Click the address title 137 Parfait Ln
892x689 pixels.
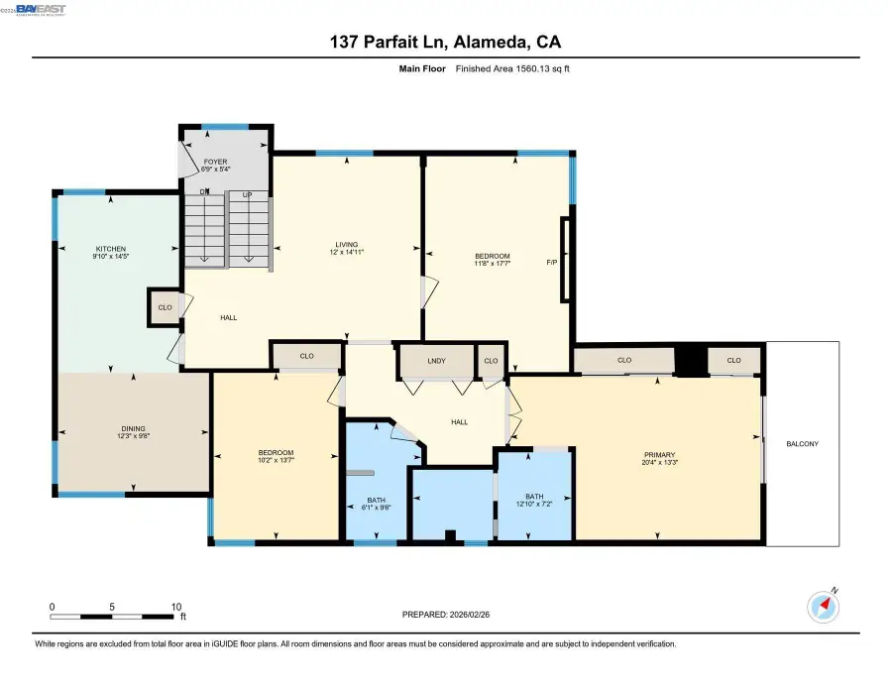click(389, 42)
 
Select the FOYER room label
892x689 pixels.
click(216, 161)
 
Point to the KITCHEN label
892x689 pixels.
click(110, 249)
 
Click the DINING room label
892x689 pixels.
click(134, 427)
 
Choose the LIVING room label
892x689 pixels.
click(346, 244)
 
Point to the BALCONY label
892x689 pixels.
click(803, 443)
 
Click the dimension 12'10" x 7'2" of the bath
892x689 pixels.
click(534, 506)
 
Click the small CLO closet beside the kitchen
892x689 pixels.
click(164, 307)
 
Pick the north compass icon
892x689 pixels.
click(825, 605)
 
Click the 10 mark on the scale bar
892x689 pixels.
click(175, 606)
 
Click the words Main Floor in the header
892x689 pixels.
click(421, 68)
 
